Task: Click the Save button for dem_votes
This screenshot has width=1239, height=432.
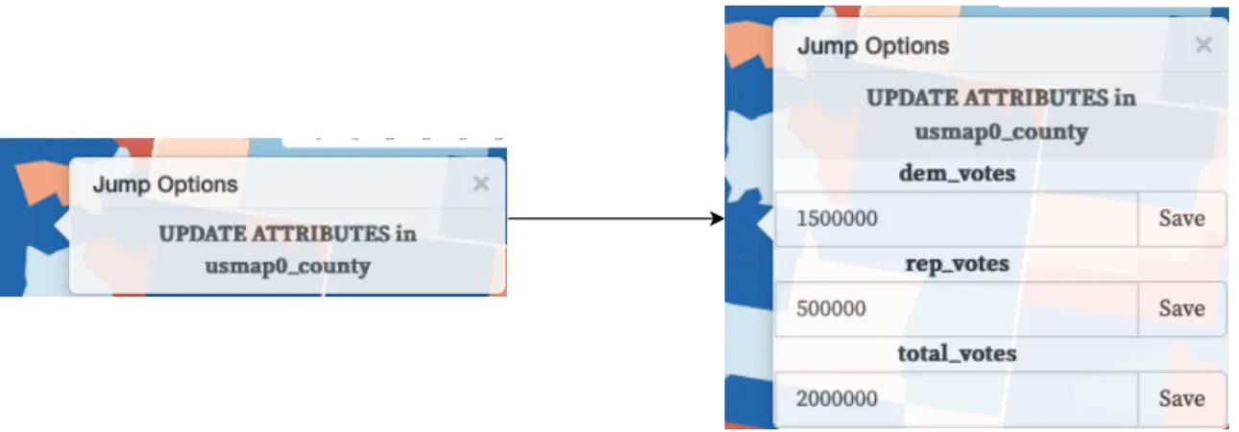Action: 1182,219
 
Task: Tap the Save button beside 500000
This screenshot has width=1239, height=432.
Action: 1182,309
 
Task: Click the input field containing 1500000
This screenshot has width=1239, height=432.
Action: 957,219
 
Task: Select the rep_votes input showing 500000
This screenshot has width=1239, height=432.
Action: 957,309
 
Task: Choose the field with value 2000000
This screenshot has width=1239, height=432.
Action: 957,398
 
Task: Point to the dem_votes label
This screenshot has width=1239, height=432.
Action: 957,174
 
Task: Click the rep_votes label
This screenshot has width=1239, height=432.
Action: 957,264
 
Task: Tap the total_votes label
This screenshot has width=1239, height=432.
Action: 957,353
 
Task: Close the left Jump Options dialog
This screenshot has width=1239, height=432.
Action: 481,183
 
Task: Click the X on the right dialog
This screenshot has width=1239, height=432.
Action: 1203,45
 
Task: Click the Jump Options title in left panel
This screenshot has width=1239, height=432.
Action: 165,184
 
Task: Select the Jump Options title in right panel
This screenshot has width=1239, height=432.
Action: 873,46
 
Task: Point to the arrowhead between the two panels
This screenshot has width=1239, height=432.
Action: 717,219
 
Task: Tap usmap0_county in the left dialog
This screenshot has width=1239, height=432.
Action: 287,267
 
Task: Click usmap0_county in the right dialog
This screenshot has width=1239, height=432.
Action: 1001,132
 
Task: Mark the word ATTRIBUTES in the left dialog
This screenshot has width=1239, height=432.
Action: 321,234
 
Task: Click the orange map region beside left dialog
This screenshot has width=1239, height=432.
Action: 41,180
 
